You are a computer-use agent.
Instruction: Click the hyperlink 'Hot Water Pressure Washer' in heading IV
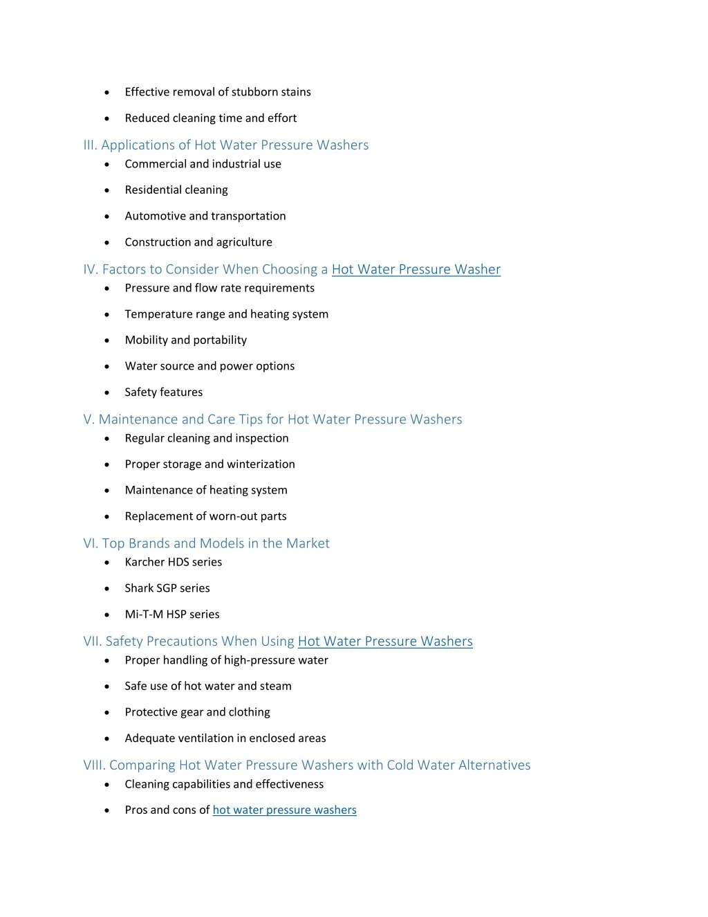pos(416,269)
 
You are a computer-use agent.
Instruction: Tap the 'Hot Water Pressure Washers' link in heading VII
pos(385,641)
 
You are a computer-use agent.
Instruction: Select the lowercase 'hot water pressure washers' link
pos(284,810)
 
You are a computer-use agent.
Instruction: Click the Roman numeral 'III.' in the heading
pos(90,145)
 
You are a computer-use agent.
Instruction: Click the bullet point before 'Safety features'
pos(106,392)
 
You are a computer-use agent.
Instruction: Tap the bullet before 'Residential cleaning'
pos(106,190)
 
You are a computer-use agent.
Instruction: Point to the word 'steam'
pos(276,686)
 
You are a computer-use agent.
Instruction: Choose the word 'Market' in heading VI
pos(308,543)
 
